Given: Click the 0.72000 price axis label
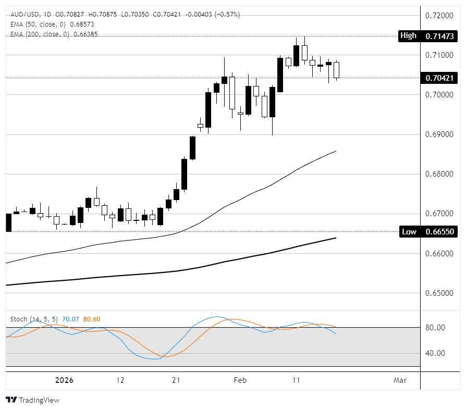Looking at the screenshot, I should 439,15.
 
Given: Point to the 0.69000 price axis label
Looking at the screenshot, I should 439,134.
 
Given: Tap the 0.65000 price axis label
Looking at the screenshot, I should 439,293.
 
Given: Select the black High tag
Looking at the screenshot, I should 408,36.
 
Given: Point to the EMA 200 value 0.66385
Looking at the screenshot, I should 85,34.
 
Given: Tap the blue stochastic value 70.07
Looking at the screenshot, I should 70,319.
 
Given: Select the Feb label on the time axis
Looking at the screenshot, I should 240,380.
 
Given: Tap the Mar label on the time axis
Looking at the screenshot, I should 400,380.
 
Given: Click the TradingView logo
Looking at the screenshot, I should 32,400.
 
